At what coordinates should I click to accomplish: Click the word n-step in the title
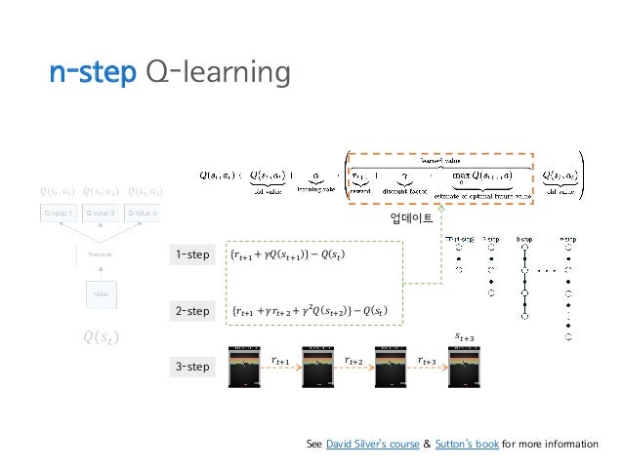point(91,73)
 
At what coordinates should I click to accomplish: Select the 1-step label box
point(192,256)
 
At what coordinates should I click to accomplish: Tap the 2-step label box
point(192,312)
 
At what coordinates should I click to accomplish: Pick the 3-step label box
point(192,368)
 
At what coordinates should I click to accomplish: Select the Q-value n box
point(143,212)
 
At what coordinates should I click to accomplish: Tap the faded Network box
point(101,254)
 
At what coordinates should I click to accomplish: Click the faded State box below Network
point(101,293)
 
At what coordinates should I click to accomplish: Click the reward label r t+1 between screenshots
point(282,361)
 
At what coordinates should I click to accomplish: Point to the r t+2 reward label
point(354,361)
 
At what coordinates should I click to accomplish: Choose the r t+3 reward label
point(426,361)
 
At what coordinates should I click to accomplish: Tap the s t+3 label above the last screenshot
point(467,336)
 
